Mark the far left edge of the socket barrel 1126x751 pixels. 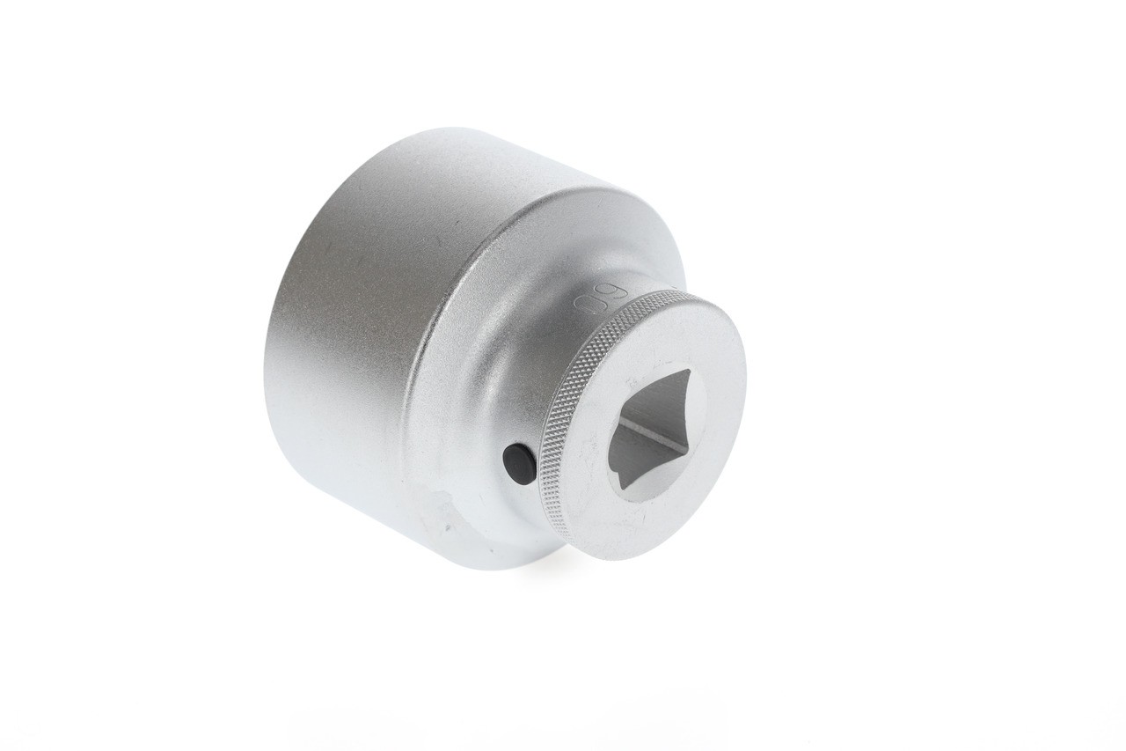264,370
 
